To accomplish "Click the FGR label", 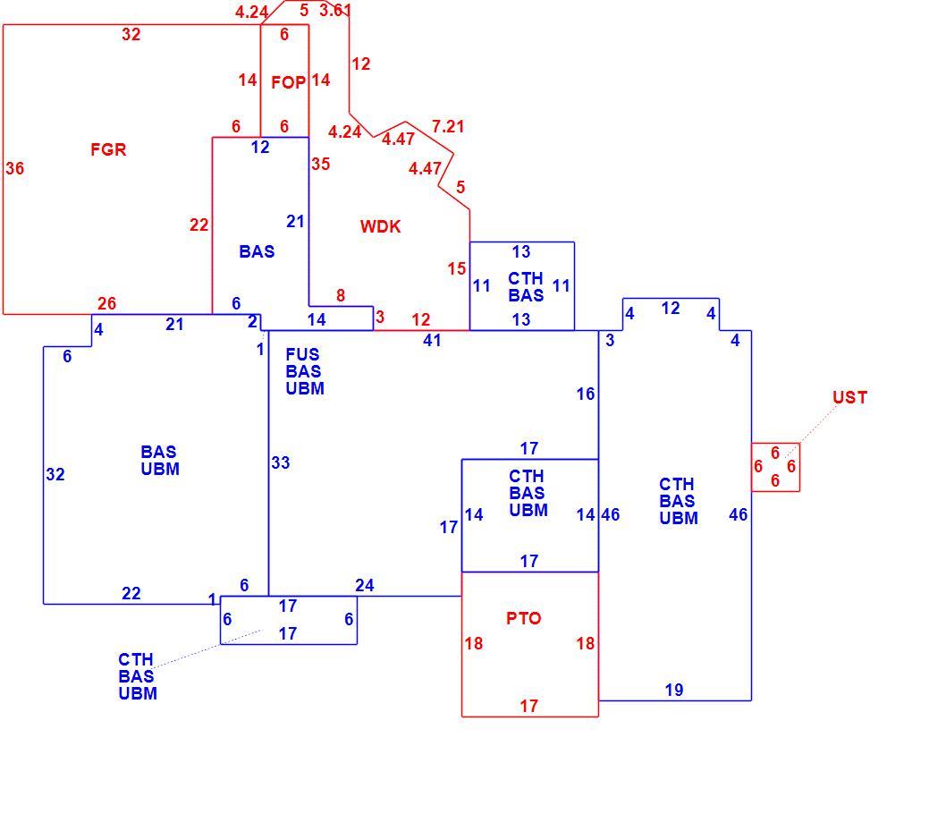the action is [x=108, y=149].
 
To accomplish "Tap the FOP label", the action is [x=289, y=82].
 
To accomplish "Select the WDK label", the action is [x=380, y=226].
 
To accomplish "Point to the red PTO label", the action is [x=523, y=618].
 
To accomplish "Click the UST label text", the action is [x=849, y=397].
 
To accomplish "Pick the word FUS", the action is [x=302, y=354].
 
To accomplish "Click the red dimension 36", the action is [x=15, y=168].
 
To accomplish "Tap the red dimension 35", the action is [x=320, y=165].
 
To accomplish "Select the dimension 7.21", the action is [x=448, y=127].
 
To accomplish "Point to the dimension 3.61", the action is [x=334, y=10].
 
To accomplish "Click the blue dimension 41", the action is [x=432, y=341].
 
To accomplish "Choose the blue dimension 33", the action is [x=281, y=462].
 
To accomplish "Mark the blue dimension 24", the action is [x=365, y=585].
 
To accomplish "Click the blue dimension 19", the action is [x=674, y=690].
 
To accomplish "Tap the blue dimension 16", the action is [x=586, y=394].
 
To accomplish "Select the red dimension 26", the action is [x=106, y=303].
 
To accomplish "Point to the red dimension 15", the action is [x=457, y=268].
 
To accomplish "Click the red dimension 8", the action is [x=341, y=296].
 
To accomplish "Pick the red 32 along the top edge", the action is [x=131, y=34].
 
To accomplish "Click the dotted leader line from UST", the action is [x=812, y=431].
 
